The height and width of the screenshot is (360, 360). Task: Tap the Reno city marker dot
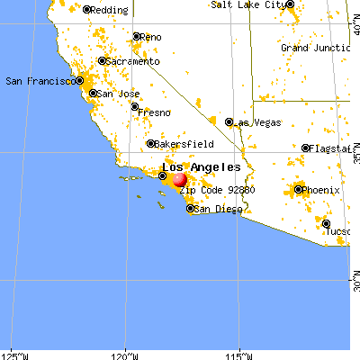[137, 38]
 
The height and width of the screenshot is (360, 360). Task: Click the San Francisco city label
[39, 81]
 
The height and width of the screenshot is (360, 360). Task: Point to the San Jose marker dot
[94, 93]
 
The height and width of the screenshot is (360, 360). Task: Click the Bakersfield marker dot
[151, 143]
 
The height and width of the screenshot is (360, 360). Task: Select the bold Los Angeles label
[201, 167]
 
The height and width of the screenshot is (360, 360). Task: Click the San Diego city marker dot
[190, 209]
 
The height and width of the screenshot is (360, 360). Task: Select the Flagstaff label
[333, 148]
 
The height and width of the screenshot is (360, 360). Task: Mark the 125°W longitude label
[13, 352]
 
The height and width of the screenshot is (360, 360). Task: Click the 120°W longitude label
[126, 352]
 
